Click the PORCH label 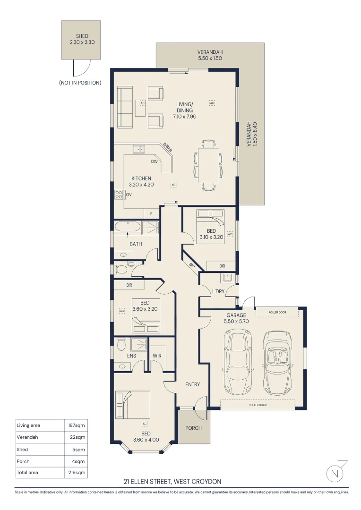coord(193,428)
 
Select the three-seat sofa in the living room coord(125,107)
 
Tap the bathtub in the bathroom coord(128,228)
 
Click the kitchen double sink coord(139,150)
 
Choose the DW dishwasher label coord(154,161)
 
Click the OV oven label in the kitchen coord(129,195)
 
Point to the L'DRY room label coord(218,291)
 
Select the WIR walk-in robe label coord(157,356)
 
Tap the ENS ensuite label coord(132,356)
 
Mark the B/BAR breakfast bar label coord(167,147)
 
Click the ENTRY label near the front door coord(192,384)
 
